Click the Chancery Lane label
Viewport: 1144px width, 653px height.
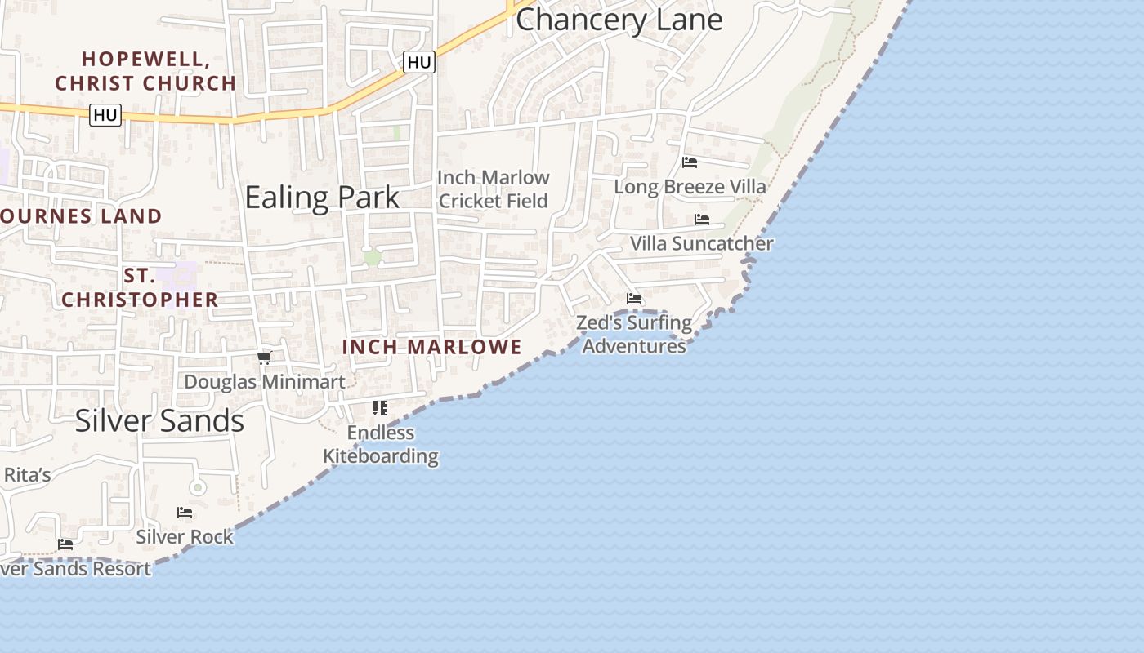(x=619, y=20)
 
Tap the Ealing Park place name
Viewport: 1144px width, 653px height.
(x=322, y=197)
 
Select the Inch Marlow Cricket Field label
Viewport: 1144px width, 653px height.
(x=493, y=189)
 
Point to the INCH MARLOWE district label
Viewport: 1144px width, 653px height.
(x=431, y=347)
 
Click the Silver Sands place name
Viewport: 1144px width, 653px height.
(x=159, y=420)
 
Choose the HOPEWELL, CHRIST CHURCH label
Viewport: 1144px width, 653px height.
(x=145, y=71)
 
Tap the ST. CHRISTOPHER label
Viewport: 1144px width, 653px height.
(x=140, y=288)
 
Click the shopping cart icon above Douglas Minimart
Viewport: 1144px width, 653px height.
(x=264, y=358)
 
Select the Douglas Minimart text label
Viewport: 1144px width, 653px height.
(x=264, y=381)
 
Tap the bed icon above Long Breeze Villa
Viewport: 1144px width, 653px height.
(x=690, y=162)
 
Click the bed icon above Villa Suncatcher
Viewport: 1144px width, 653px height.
(x=701, y=220)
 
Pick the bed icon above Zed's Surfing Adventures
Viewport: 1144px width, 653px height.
(x=634, y=299)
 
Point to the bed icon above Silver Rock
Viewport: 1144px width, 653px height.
(x=185, y=513)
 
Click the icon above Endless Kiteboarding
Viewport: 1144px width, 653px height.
(x=380, y=407)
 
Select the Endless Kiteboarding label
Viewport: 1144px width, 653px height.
(x=381, y=444)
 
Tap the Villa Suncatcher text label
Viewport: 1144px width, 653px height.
(x=701, y=243)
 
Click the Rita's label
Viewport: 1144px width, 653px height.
(x=27, y=475)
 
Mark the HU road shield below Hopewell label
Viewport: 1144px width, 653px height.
(x=105, y=115)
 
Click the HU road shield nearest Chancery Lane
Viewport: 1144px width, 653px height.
(x=418, y=62)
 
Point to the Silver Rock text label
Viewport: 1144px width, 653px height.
(x=185, y=536)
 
